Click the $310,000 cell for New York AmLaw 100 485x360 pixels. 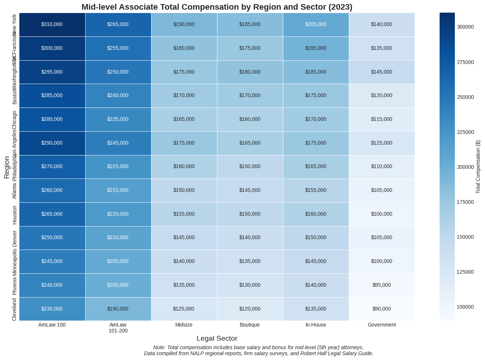tap(52, 25)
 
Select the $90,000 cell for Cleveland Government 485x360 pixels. tap(382, 309)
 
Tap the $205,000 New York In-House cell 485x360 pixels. tap(316, 25)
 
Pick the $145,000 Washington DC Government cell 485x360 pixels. tap(382, 72)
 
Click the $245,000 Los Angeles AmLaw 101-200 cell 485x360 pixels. tap(118, 143)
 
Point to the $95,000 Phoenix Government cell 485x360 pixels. tap(382, 285)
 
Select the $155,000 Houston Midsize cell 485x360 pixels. tap(184, 214)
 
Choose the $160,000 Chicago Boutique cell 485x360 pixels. tap(250, 119)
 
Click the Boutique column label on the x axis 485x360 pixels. tap(250, 325)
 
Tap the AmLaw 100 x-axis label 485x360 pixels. tap(52, 325)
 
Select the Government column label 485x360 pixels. tap(382, 325)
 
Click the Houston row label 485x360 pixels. tap(15, 215)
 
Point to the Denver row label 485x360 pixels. tap(15, 238)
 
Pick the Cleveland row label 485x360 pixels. tap(15, 309)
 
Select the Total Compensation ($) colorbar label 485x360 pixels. tap(478, 167)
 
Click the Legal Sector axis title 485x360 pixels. tap(217, 338)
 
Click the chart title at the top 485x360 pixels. tap(217, 7)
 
